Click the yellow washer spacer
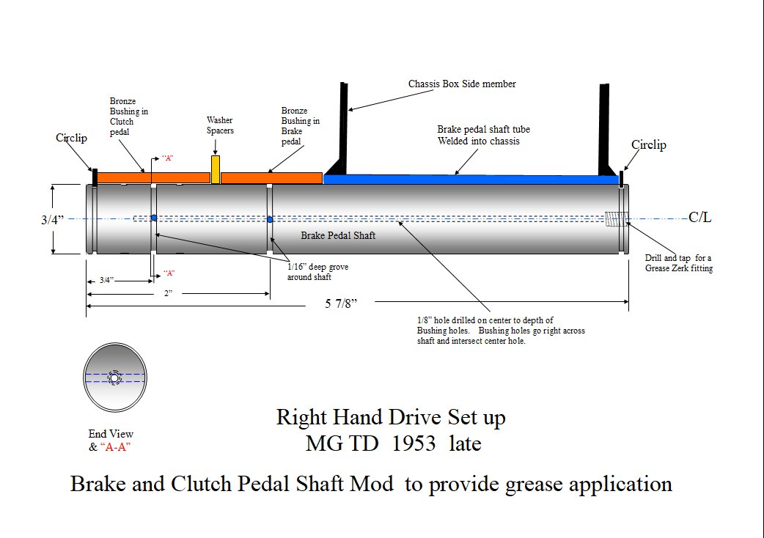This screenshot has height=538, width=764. pyautogui.click(x=216, y=169)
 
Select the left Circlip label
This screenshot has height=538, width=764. pyautogui.click(x=71, y=138)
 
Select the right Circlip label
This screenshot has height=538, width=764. pyautogui.click(x=649, y=145)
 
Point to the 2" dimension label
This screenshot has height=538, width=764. pyautogui.click(x=168, y=293)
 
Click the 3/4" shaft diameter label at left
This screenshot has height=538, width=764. pyautogui.click(x=52, y=218)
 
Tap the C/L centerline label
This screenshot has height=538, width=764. pyautogui.click(x=699, y=218)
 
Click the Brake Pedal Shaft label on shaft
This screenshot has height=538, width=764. pyautogui.click(x=338, y=235)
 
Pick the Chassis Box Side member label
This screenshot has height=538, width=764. pyautogui.click(x=462, y=84)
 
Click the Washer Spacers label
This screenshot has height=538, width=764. pyautogui.click(x=220, y=125)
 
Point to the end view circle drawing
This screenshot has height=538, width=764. pyautogui.click(x=115, y=377)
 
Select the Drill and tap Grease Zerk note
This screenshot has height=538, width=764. pyautogui.click(x=678, y=263)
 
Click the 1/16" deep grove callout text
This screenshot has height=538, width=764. pyautogui.click(x=317, y=271)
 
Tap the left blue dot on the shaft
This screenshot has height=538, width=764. pyautogui.click(x=154, y=218)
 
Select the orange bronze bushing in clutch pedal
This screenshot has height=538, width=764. pyautogui.click(x=153, y=177)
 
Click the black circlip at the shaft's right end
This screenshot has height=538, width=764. pyautogui.click(x=621, y=177)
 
